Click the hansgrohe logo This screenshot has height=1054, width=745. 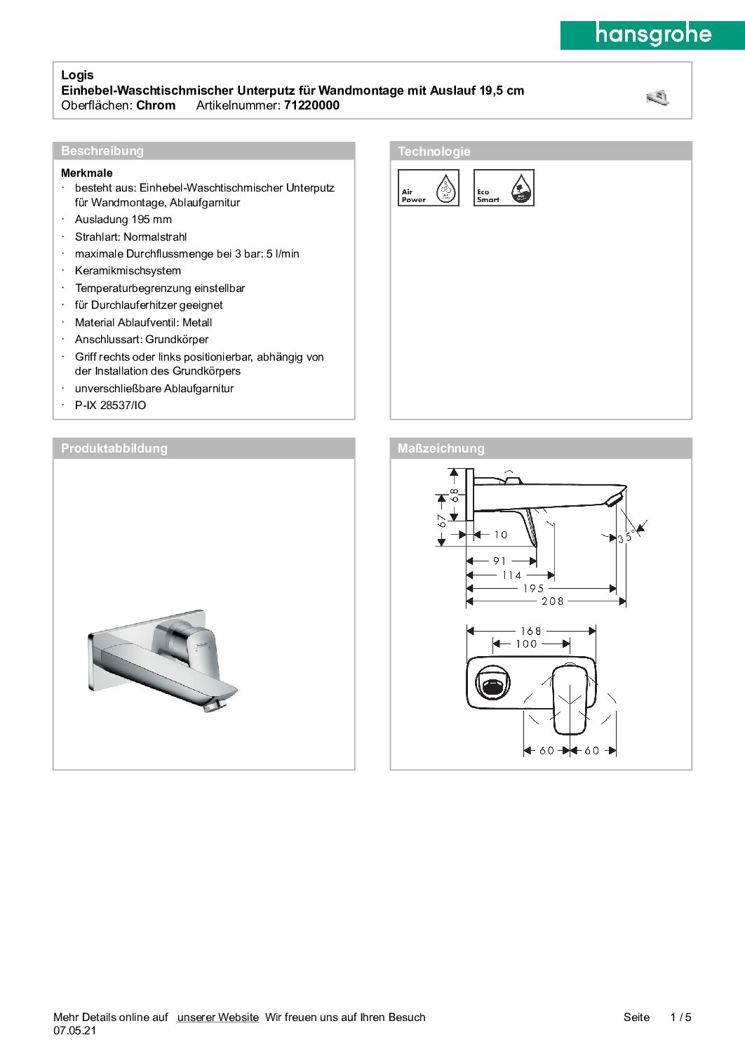click(652, 35)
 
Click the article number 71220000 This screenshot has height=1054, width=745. click(311, 105)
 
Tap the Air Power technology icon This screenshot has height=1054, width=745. click(428, 188)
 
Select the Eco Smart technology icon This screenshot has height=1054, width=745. click(504, 188)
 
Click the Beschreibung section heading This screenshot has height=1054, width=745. click(102, 151)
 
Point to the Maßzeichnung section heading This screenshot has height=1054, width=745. click(441, 448)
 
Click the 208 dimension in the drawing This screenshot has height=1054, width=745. click(552, 601)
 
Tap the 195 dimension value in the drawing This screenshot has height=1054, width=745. click(533, 589)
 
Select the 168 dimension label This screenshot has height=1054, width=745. click(530, 631)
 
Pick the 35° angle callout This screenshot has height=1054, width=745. click(626, 538)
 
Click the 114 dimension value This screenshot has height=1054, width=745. click(511, 575)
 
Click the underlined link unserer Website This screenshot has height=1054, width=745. click(217, 1018)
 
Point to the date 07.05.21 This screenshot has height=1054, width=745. click(75, 1031)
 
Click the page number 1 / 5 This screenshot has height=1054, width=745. click(680, 1018)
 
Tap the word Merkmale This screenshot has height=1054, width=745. click(87, 173)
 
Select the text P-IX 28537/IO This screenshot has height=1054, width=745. click(111, 406)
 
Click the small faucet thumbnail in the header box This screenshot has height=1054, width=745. click(657, 98)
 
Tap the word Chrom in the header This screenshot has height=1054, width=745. click(156, 105)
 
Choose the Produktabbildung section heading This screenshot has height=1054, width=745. click(114, 448)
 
